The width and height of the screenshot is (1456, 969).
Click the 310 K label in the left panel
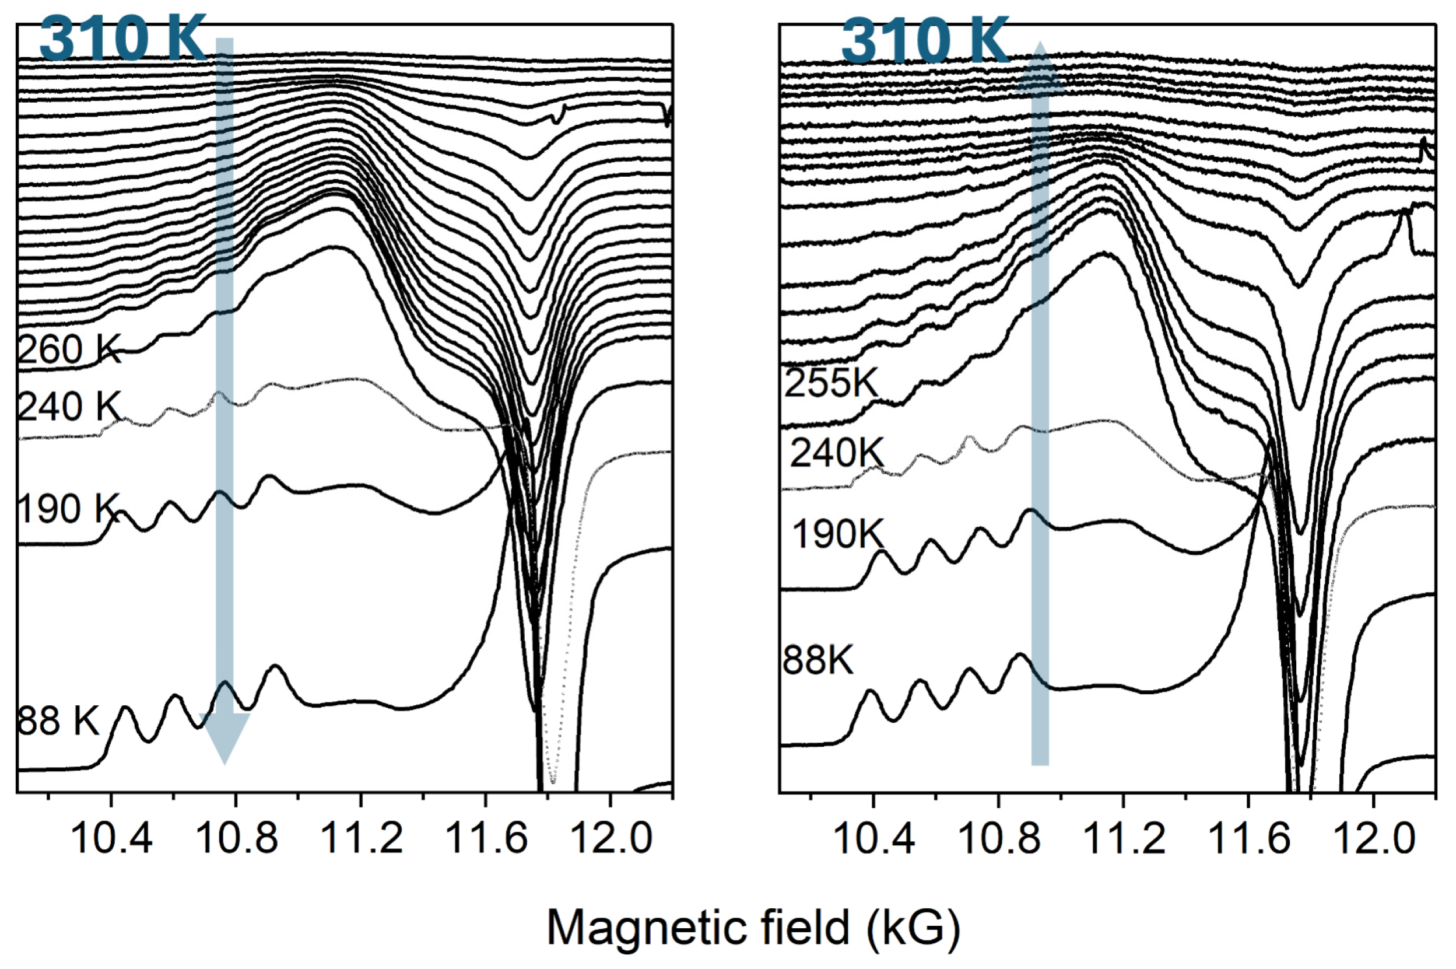point(122,39)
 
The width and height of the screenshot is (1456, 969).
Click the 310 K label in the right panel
point(924,41)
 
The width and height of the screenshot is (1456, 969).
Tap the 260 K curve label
point(69,350)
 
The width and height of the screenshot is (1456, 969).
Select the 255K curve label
point(830,383)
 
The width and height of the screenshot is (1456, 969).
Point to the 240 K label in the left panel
point(69,407)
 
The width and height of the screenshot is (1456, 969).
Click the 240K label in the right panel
point(836,453)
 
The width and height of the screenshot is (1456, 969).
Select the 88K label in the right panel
point(818,660)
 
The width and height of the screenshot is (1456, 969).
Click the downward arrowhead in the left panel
point(224,739)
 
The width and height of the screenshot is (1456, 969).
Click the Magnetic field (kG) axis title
point(753,928)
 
